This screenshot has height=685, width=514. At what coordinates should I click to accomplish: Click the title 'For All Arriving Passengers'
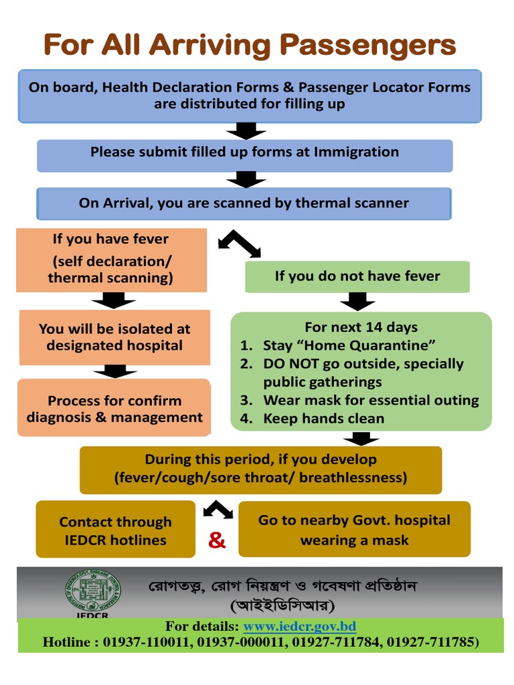(x=250, y=45)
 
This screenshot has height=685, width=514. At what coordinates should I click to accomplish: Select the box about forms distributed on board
(x=249, y=96)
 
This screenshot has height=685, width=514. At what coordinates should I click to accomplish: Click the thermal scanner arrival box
(x=244, y=203)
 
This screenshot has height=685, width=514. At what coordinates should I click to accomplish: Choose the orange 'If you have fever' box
(x=110, y=259)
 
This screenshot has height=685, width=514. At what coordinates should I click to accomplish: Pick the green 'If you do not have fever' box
(x=357, y=276)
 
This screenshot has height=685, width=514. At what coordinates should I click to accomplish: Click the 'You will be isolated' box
(x=114, y=337)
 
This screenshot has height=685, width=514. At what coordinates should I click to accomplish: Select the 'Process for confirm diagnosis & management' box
(x=114, y=409)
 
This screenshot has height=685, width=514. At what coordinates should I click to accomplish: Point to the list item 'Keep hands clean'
(x=324, y=419)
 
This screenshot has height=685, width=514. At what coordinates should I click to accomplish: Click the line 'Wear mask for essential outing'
(x=371, y=401)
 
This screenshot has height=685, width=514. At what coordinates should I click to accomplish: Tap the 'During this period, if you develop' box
(x=260, y=469)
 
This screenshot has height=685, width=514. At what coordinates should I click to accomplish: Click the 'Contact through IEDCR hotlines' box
(x=115, y=530)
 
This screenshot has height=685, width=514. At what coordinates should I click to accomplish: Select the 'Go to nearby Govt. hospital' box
(x=354, y=530)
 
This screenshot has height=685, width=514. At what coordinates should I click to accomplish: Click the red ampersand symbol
(x=217, y=541)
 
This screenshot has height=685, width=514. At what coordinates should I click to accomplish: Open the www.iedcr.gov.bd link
(x=299, y=627)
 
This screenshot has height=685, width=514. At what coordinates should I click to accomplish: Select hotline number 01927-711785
(x=438, y=642)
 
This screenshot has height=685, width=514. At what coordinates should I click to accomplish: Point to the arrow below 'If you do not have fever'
(x=357, y=302)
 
